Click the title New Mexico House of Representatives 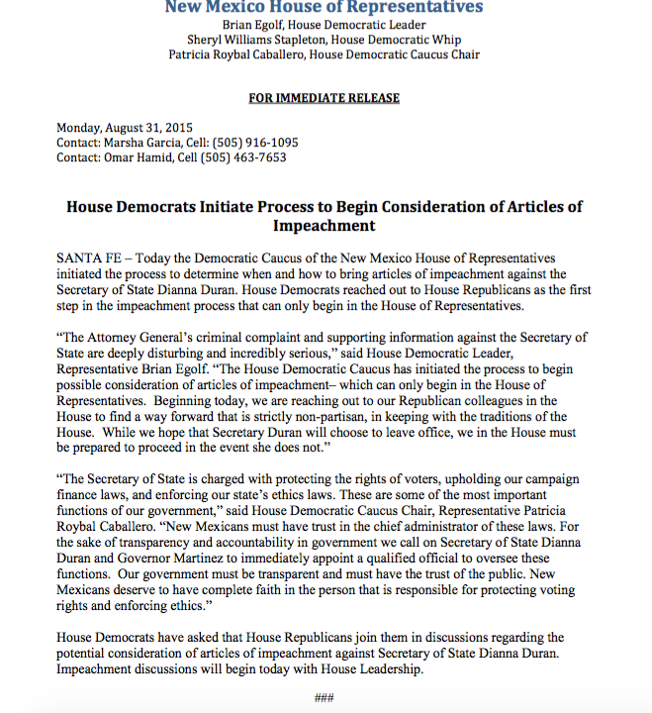(x=324, y=8)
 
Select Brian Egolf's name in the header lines (x=258, y=24)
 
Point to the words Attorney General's (x=140, y=337)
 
